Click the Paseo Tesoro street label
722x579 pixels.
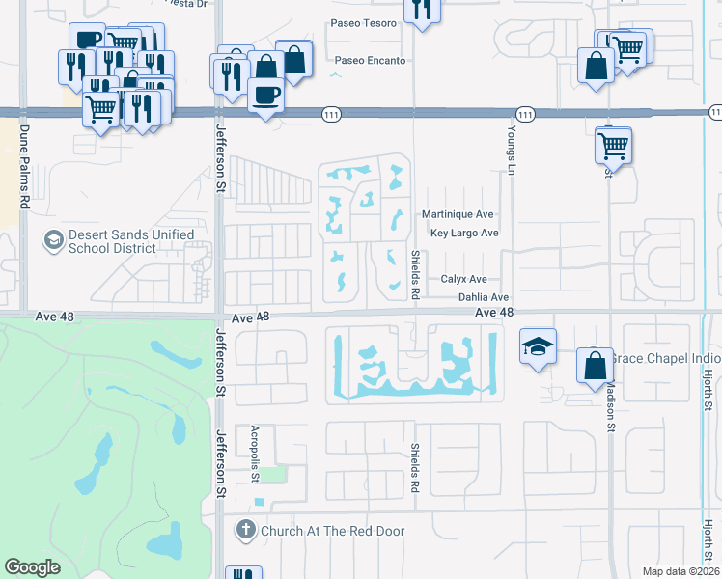pos(364,22)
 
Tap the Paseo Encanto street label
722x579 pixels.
pos(368,60)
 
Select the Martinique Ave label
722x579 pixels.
pos(458,214)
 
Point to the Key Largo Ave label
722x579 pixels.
pos(464,234)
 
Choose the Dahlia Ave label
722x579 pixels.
pos(483,298)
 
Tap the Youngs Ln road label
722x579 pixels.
pos(512,144)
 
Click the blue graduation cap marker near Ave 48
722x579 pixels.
pos(539,346)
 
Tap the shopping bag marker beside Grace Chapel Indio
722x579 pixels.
pos(596,365)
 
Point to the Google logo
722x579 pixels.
pos(32,567)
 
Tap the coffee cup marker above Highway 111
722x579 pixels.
pos(265,95)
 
